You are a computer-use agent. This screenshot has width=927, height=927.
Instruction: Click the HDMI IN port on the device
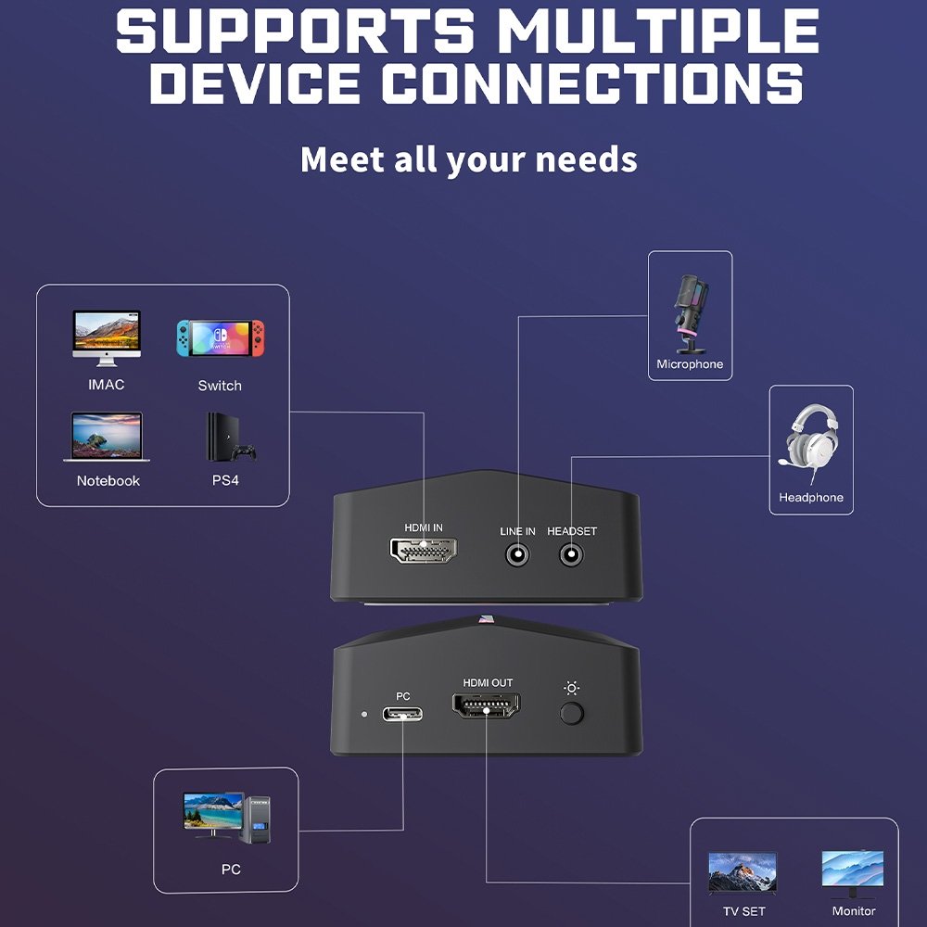click(423, 550)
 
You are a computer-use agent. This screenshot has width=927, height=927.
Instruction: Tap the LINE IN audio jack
click(517, 555)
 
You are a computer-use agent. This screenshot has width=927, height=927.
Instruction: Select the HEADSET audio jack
click(571, 555)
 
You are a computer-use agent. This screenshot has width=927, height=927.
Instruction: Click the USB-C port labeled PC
click(402, 714)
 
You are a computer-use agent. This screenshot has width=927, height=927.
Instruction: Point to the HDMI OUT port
click(486, 705)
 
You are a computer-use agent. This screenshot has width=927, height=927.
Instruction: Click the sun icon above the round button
click(571, 688)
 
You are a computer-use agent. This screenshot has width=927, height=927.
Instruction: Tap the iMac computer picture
click(107, 338)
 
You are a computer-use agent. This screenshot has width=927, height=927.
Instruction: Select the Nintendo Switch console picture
click(221, 338)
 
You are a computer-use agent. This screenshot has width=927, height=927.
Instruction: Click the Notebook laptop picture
click(107, 437)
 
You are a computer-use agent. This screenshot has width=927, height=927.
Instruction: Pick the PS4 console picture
click(230, 437)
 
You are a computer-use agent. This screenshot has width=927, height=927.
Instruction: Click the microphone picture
click(691, 314)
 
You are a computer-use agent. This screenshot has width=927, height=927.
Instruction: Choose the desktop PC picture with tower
click(226, 819)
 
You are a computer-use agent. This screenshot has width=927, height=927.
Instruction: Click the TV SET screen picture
click(743, 872)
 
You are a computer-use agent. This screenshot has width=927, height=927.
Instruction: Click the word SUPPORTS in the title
click(296, 31)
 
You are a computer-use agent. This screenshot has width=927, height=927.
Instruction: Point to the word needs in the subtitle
click(586, 160)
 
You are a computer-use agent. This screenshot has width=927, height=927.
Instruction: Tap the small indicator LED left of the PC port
click(364, 714)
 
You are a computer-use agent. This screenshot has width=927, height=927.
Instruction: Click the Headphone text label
click(811, 497)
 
